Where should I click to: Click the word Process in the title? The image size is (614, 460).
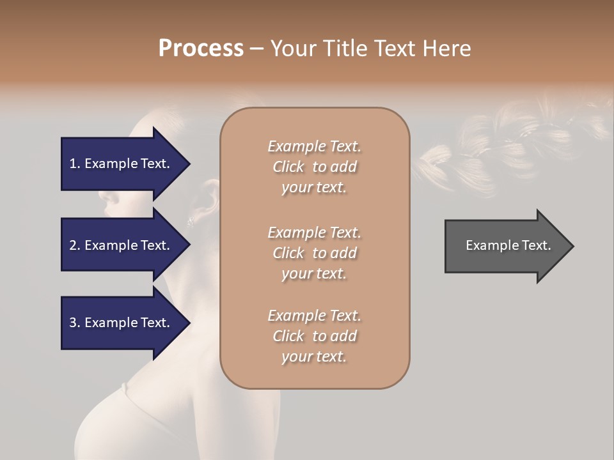(201, 49)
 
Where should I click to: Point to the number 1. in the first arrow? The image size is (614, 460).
(75, 164)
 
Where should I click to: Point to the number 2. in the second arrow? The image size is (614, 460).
(75, 245)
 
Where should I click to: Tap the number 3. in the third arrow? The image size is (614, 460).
(75, 323)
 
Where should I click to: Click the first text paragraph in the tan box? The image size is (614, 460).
(314, 167)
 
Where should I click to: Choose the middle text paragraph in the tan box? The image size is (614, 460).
(314, 253)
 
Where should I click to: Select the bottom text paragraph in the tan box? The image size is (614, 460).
(314, 336)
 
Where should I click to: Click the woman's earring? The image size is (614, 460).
(190, 222)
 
